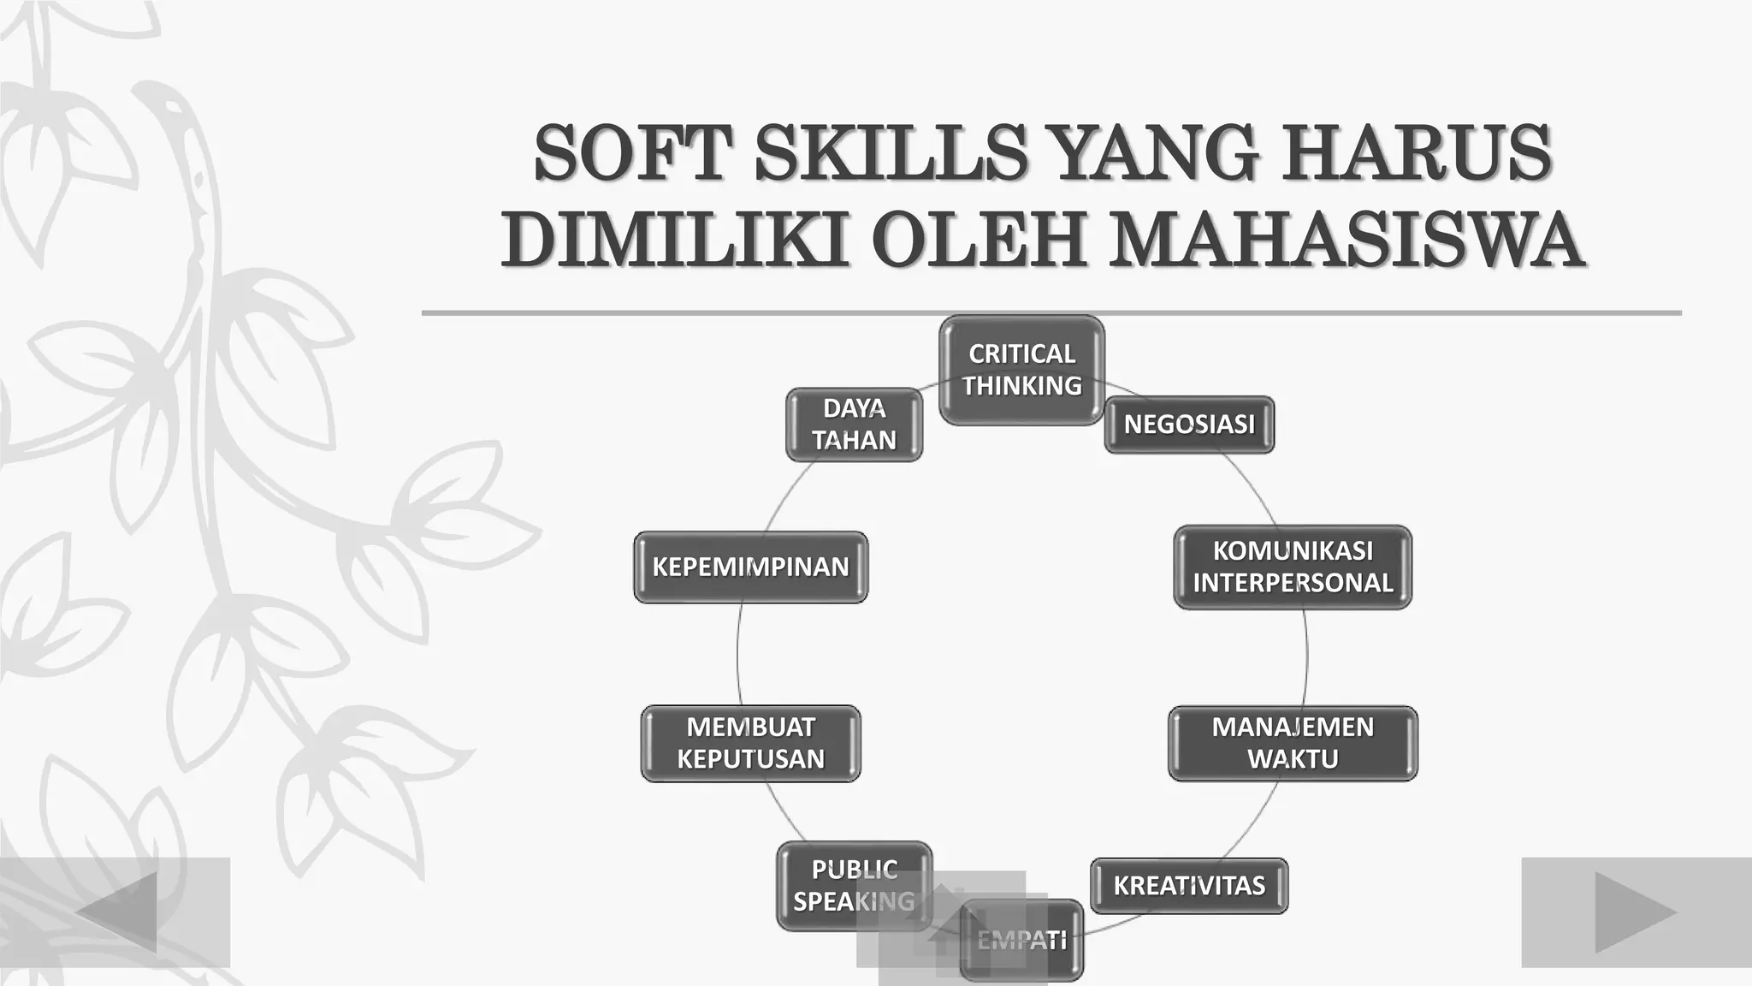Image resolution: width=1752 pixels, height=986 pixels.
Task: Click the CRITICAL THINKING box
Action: pyautogui.click(x=1021, y=370)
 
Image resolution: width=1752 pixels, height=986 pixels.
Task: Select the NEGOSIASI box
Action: pyautogui.click(x=1189, y=425)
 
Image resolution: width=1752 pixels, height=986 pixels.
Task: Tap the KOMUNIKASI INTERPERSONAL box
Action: pyautogui.click(x=1293, y=567)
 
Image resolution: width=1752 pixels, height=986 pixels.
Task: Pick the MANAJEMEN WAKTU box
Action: pyautogui.click(x=1293, y=743)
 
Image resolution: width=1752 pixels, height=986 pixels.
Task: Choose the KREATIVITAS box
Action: pyautogui.click(x=1189, y=886)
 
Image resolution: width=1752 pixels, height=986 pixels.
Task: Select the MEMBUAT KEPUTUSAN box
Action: pyautogui.click(x=750, y=743)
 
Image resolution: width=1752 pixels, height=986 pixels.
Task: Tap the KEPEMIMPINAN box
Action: pyautogui.click(x=750, y=567)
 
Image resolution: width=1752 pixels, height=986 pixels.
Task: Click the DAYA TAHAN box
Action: pyautogui.click(x=854, y=425)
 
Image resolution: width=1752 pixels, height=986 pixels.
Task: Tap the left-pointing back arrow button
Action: pyautogui.click(x=116, y=912)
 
